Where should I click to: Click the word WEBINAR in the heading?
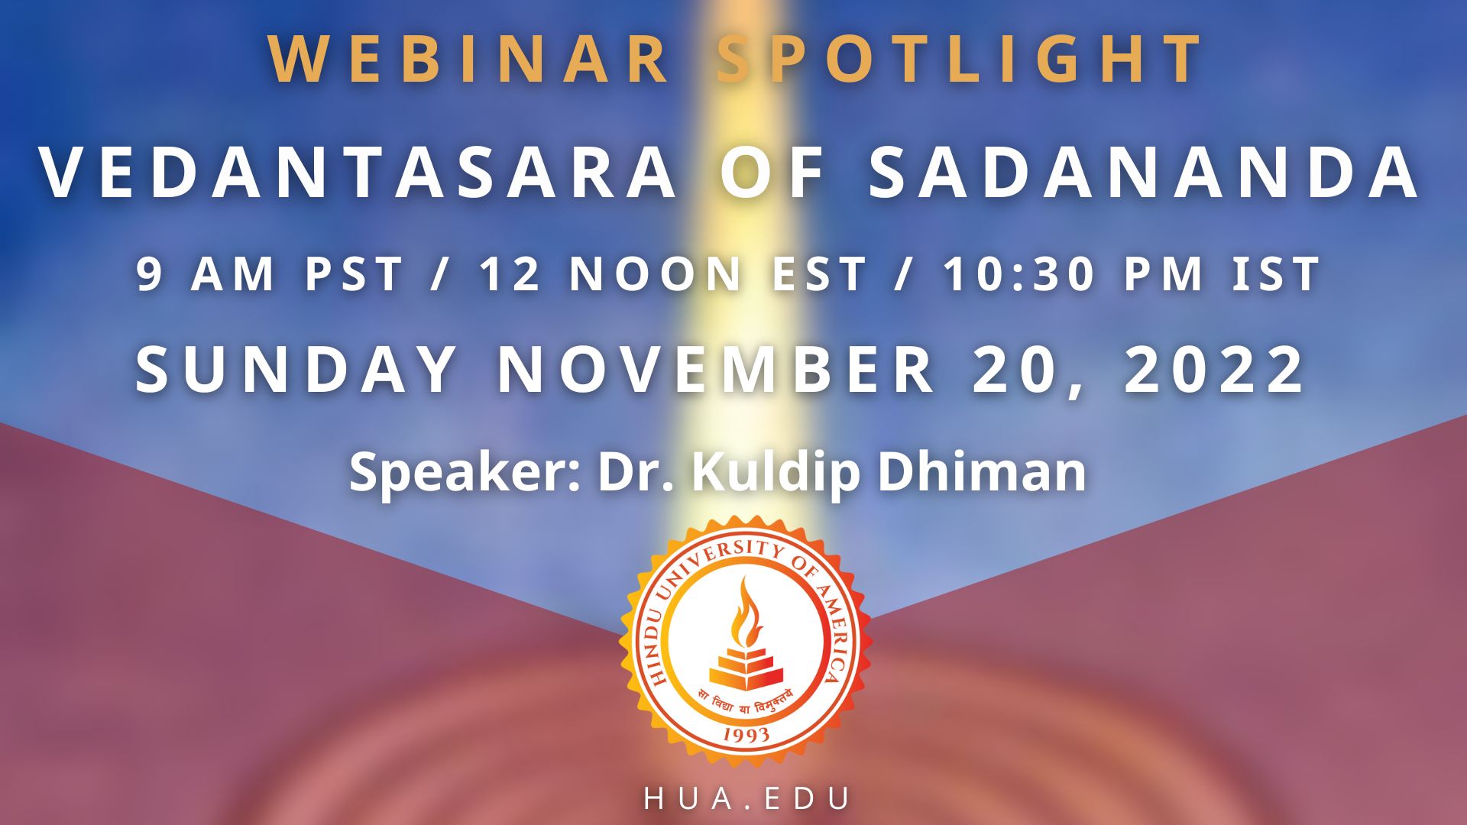[x=469, y=59]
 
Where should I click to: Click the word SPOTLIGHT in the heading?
[x=960, y=59]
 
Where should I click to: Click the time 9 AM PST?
[x=270, y=273]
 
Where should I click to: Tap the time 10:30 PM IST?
[x=1132, y=273]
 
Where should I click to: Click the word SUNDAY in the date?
[x=296, y=370]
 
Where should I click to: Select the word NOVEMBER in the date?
[x=716, y=370]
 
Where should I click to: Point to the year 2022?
[x=1213, y=370]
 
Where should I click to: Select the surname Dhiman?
[x=982, y=472]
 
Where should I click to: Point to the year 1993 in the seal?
[x=746, y=734]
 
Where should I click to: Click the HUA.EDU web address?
[x=746, y=798]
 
